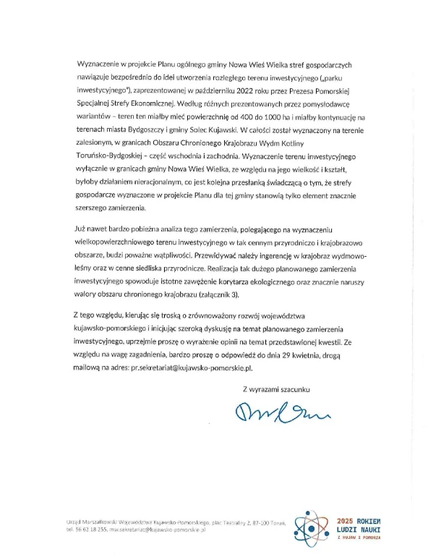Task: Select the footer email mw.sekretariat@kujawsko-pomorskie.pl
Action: [157, 530]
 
